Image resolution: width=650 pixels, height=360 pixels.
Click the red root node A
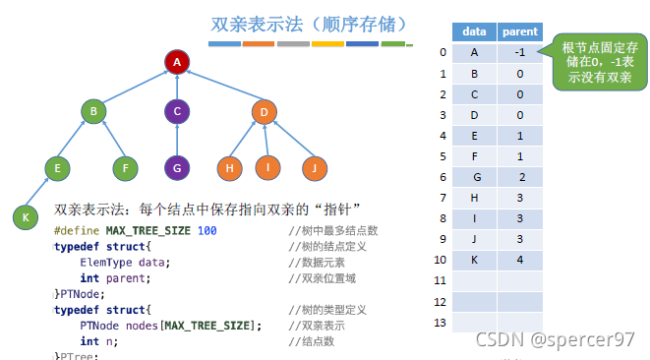[x=176, y=63]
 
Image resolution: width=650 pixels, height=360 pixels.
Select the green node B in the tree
[x=93, y=112]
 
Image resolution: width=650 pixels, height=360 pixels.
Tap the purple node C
[x=176, y=112]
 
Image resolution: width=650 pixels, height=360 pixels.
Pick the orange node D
[x=264, y=112]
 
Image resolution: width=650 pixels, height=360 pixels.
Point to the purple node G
[x=176, y=169]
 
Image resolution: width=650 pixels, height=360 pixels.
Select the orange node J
[x=313, y=169]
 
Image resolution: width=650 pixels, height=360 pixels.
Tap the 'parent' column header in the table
[x=520, y=31]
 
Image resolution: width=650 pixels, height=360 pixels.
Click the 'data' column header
[x=475, y=31]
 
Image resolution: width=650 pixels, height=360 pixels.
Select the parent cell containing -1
[x=520, y=52]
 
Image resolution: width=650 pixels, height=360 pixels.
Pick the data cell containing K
[x=475, y=259]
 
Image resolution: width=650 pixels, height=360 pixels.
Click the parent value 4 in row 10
[x=520, y=259]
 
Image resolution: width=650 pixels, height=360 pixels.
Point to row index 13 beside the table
[x=443, y=322]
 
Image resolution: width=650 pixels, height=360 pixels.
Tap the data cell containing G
[x=475, y=176]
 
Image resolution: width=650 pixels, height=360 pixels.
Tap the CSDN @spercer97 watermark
[x=556, y=340]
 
